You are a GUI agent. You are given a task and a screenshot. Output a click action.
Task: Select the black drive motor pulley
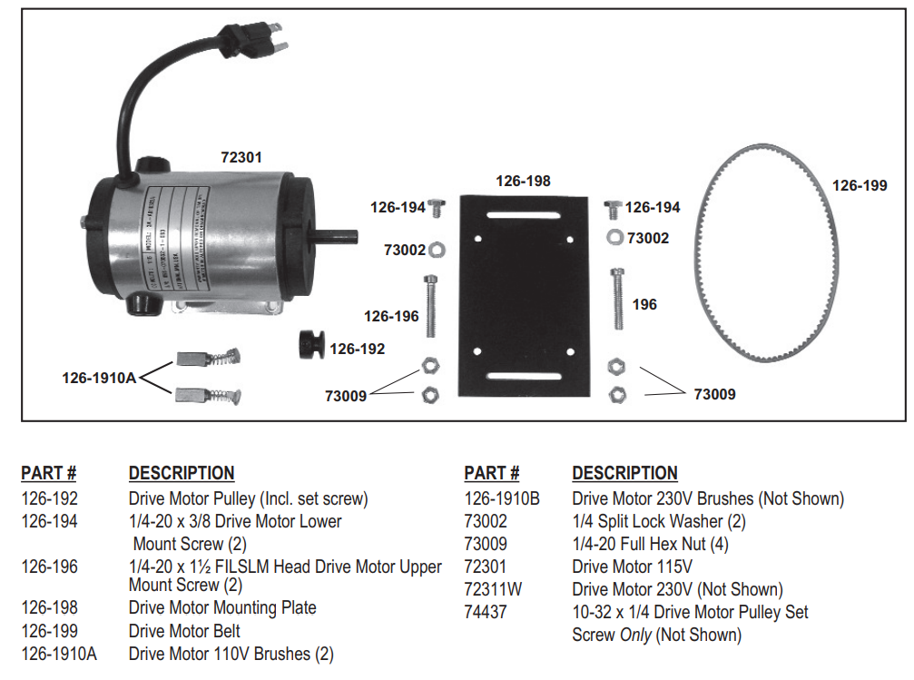tap(310, 346)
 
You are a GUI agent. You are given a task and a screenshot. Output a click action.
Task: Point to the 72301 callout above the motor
tap(241, 157)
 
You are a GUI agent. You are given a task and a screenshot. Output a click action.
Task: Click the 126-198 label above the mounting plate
tap(523, 181)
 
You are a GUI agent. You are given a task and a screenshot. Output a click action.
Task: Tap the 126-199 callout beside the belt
tap(860, 185)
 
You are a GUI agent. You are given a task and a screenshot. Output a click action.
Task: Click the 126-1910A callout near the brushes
tap(99, 377)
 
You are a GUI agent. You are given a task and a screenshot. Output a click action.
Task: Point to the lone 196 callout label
tap(644, 305)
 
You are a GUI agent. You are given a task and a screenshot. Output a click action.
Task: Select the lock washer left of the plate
tap(435, 248)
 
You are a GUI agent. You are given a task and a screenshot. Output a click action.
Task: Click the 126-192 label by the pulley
tap(357, 349)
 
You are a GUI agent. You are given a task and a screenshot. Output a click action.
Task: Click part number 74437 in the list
tap(486, 612)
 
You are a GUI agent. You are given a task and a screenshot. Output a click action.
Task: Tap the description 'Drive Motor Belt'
tap(184, 631)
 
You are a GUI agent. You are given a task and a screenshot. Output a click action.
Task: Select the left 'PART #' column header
tap(49, 473)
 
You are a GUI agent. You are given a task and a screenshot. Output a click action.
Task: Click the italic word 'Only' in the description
tap(635, 635)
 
